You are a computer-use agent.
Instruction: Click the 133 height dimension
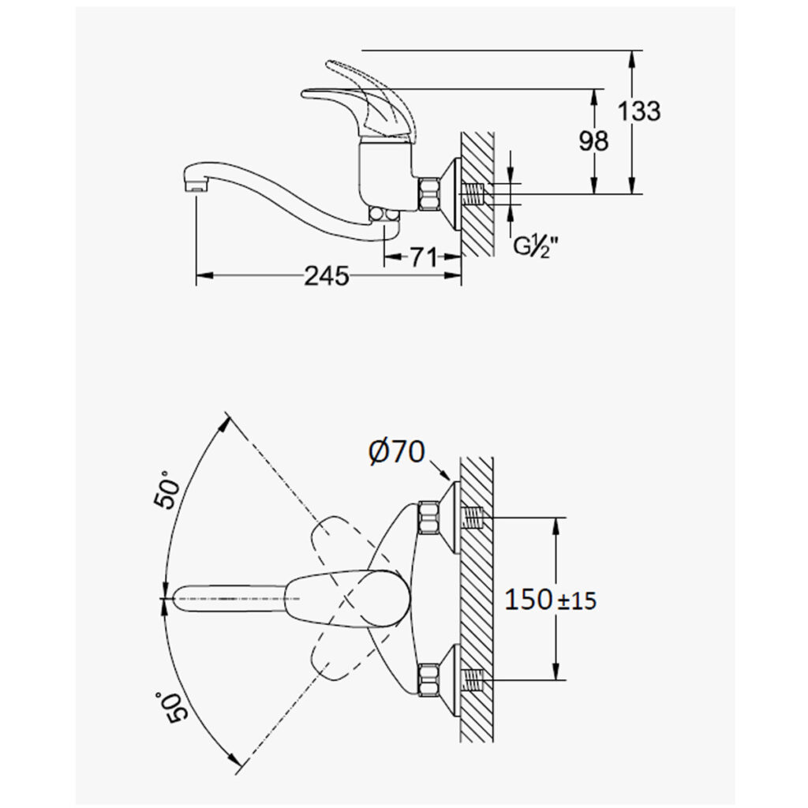638,111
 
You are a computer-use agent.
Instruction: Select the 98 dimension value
593,140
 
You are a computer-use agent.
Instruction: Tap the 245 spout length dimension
326,276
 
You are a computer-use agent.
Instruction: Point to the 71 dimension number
424,256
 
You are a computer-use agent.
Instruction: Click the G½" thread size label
537,247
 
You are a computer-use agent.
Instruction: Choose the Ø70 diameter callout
397,452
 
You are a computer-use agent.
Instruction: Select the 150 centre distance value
528,600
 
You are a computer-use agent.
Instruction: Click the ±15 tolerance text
577,600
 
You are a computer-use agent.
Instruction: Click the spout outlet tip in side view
196,189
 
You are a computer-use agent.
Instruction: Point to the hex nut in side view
431,194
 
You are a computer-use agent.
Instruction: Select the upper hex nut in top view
431,517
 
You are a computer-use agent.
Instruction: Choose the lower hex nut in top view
431,681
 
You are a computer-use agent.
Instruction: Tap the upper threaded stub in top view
474,518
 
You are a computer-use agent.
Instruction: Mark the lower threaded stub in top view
474,680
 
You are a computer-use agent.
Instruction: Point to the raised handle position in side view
367,95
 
